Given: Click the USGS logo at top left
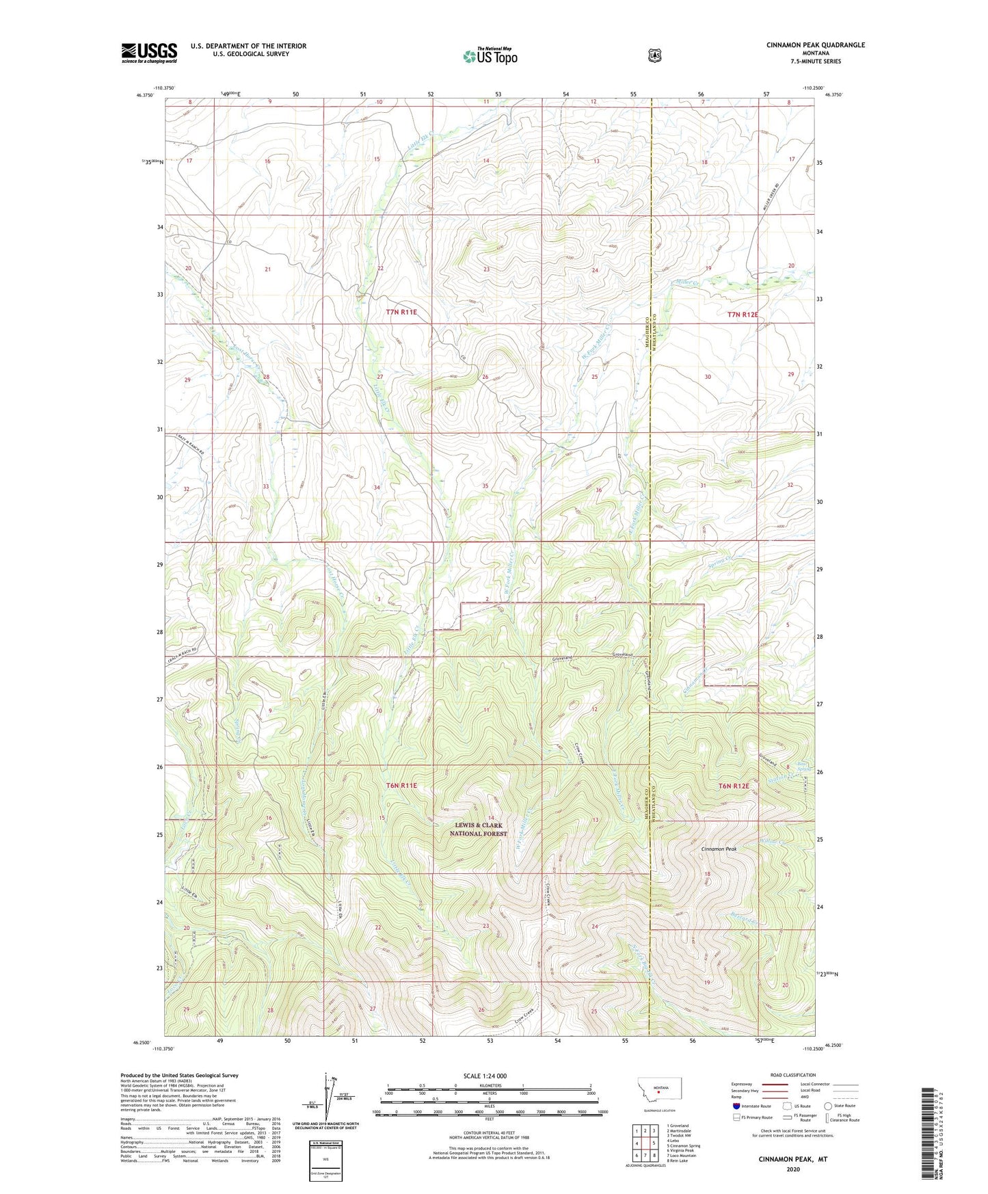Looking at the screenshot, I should pyautogui.click(x=149, y=53).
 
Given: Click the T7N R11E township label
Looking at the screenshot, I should pyautogui.click(x=401, y=312).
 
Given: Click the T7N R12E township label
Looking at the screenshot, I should pyautogui.click(x=742, y=315).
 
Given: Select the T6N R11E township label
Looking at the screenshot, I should pyautogui.click(x=401, y=786).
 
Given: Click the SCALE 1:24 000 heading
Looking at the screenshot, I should pyautogui.click(x=485, y=1076).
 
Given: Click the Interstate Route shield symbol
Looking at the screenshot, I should pyautogui.click(x=736, y=1106).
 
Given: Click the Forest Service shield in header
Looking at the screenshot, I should pyautogui.click(x=655, y=55).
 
